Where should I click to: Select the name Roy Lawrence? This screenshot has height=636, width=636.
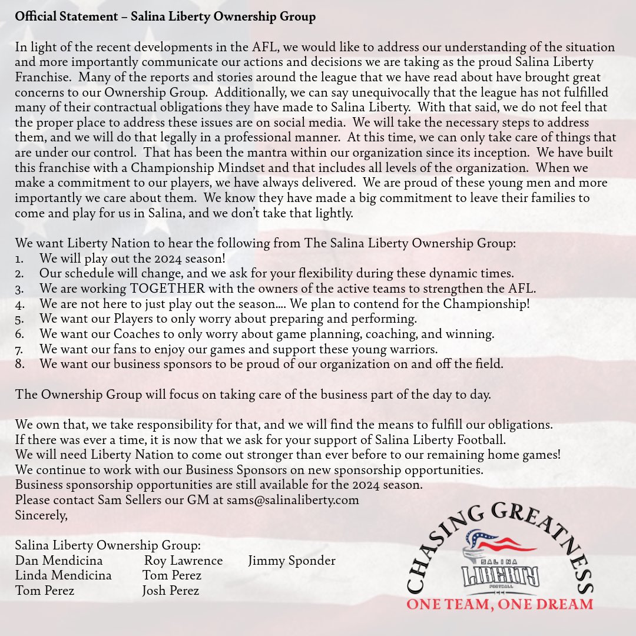184,561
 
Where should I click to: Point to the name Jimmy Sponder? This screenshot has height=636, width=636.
291,561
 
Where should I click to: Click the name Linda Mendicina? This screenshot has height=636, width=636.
63,575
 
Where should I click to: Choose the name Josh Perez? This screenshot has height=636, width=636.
171,591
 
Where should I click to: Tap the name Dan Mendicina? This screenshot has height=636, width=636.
59,561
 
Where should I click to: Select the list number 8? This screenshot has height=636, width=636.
19,365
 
